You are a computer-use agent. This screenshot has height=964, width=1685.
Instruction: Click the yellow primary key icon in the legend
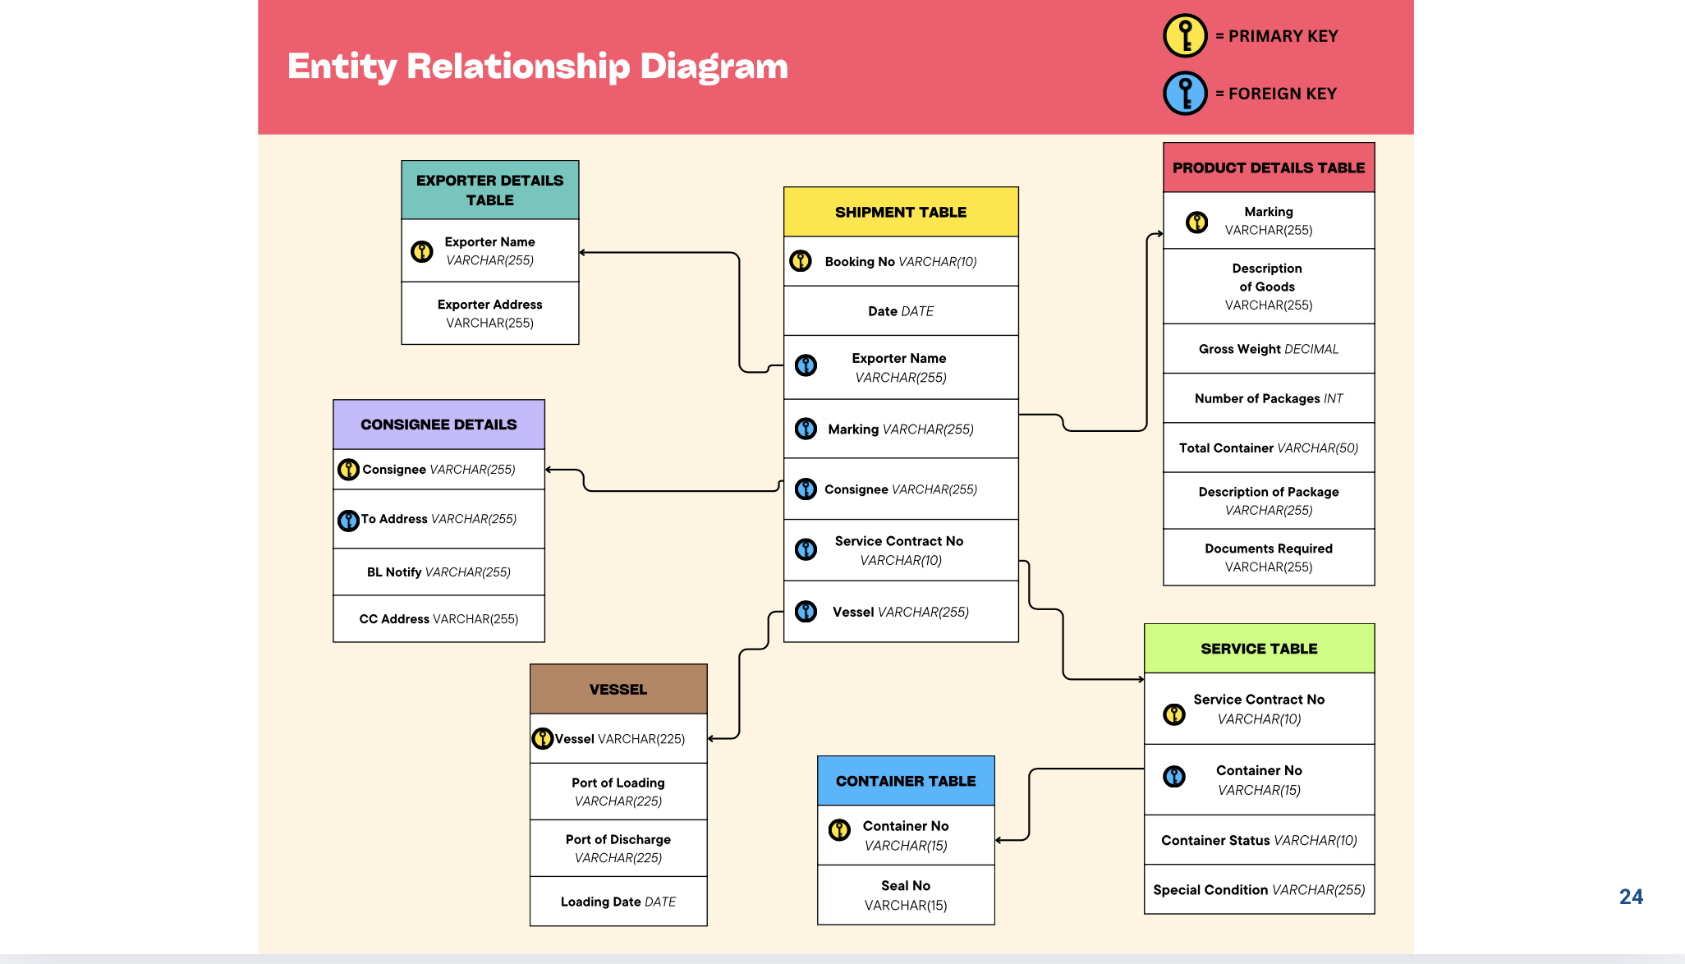[x=1185, y=36]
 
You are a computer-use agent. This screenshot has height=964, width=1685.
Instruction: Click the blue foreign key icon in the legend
[x=1185, y=94]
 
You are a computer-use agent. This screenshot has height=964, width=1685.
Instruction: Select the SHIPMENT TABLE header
[x=901, y=212]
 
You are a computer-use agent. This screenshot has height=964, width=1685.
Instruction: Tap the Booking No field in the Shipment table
[x=901, y=262]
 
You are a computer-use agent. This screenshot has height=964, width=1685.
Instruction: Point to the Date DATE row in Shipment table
[x=901, y=311]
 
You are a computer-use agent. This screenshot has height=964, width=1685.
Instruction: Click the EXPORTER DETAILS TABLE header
[x=489, y=191]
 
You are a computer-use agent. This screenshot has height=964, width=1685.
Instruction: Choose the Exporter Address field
[x=489, y=314]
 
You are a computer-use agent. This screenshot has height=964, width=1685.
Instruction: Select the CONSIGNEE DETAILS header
[x=438, y=425]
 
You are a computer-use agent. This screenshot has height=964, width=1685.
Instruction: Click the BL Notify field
[x=438, y=572]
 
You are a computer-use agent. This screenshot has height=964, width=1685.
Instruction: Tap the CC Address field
[x=438, y=619]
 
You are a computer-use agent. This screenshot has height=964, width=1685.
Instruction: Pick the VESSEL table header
[x=618, y=690]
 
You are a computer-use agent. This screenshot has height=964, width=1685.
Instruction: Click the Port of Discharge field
[x=618, y=848]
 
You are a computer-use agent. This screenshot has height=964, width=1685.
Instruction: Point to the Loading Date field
[x=618, y=902]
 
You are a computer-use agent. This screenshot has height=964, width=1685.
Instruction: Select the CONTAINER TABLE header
[x=906, y=781]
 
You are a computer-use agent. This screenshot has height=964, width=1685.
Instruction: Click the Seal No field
[x=906, y=895]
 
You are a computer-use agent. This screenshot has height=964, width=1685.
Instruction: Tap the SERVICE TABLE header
[x=1259, y=649]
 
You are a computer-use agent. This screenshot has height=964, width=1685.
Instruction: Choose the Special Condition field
[x=1259, y=890]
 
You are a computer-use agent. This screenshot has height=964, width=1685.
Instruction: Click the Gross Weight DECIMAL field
[x=1269, y=349]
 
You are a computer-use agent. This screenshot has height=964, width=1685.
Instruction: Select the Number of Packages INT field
[x=1269, y=398]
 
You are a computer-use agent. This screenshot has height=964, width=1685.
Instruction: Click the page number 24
[x=1631, y=897]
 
